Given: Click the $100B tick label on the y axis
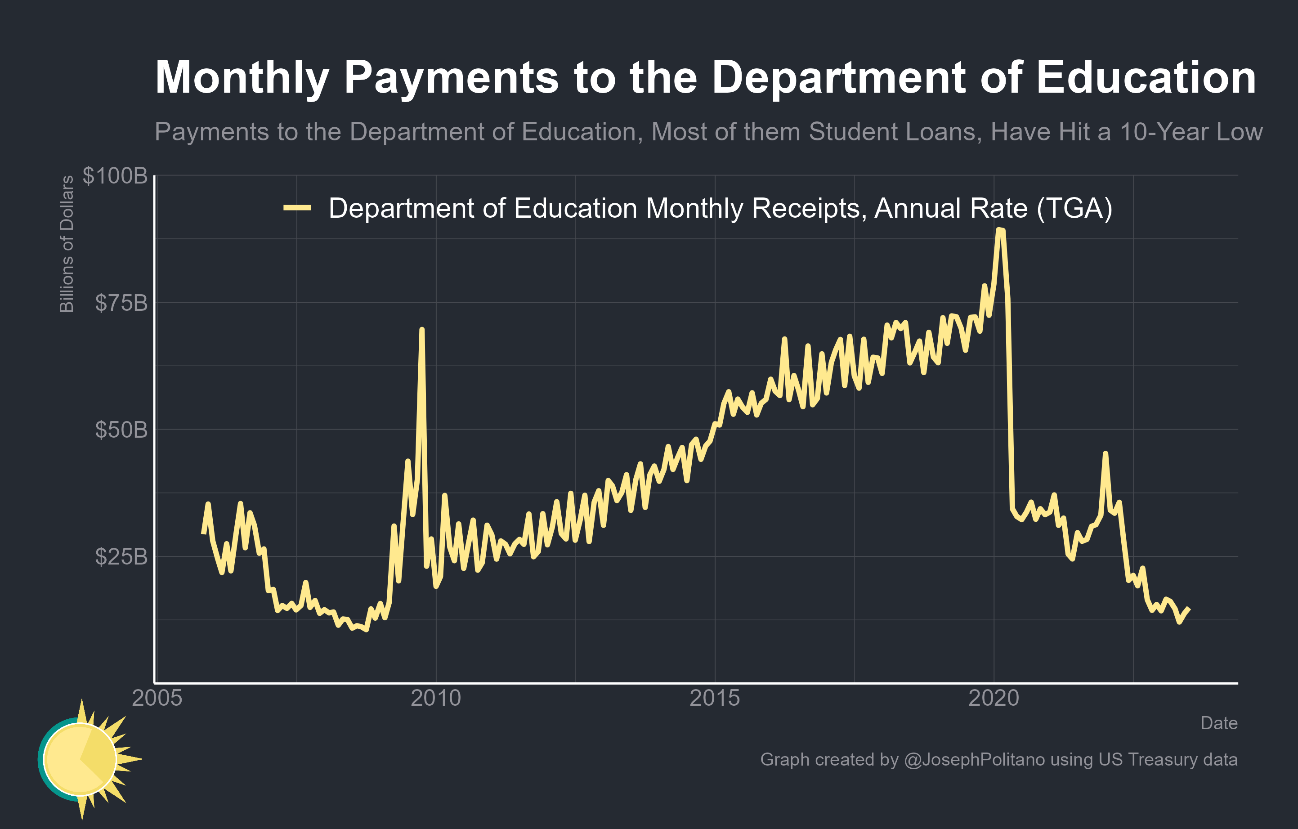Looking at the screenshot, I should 115,176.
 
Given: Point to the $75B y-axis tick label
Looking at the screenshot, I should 121,303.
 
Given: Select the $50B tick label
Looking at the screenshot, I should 121,430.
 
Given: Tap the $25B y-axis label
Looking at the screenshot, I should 121,557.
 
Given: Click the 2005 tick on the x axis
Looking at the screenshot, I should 157,699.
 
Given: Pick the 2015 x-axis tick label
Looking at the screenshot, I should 715,699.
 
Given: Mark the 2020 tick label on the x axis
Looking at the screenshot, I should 994,699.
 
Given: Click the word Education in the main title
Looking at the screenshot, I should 1146,78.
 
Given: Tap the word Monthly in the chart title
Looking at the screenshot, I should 242,78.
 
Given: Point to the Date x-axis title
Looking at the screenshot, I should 1219,723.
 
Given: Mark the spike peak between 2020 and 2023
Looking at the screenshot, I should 1106,453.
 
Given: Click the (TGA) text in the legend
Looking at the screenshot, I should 1074,208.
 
